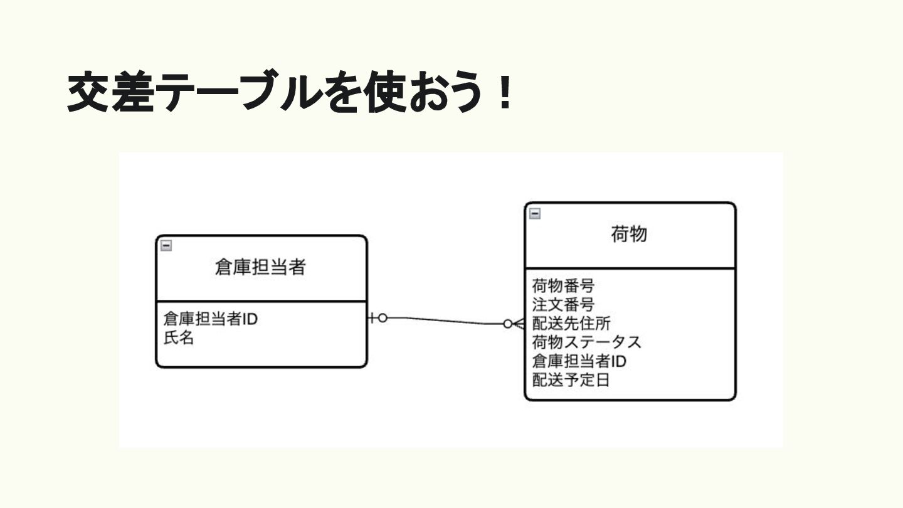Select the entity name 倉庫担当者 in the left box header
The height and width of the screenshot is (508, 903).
[x=260, y=268]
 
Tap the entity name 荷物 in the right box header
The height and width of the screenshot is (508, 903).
[x=629, y=235]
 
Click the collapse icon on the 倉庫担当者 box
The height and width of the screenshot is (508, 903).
[x=166, y=246]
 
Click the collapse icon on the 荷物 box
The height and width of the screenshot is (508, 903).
[x=535, y=213]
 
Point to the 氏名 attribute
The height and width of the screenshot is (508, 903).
[x=179, y=339]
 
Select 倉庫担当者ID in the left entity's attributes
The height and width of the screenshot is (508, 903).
[x=211, y=319]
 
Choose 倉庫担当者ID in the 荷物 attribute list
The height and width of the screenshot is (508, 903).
[x=579, y=362]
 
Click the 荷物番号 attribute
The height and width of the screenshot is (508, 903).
[x=563, y=287]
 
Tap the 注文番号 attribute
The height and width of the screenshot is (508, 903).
[x=563, y=305]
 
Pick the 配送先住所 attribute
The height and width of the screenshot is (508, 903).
[x=571, y=324]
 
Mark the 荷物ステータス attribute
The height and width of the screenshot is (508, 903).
[x=587, y=343]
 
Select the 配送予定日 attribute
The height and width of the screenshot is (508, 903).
[x=571, y=381]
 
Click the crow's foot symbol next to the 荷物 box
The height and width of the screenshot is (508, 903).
[x=519, y=324]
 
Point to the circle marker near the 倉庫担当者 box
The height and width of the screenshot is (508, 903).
[x=383, y=318]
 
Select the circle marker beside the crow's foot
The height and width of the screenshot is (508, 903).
[x=507, y=324]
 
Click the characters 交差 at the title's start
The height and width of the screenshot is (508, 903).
[x=110, y=93]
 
